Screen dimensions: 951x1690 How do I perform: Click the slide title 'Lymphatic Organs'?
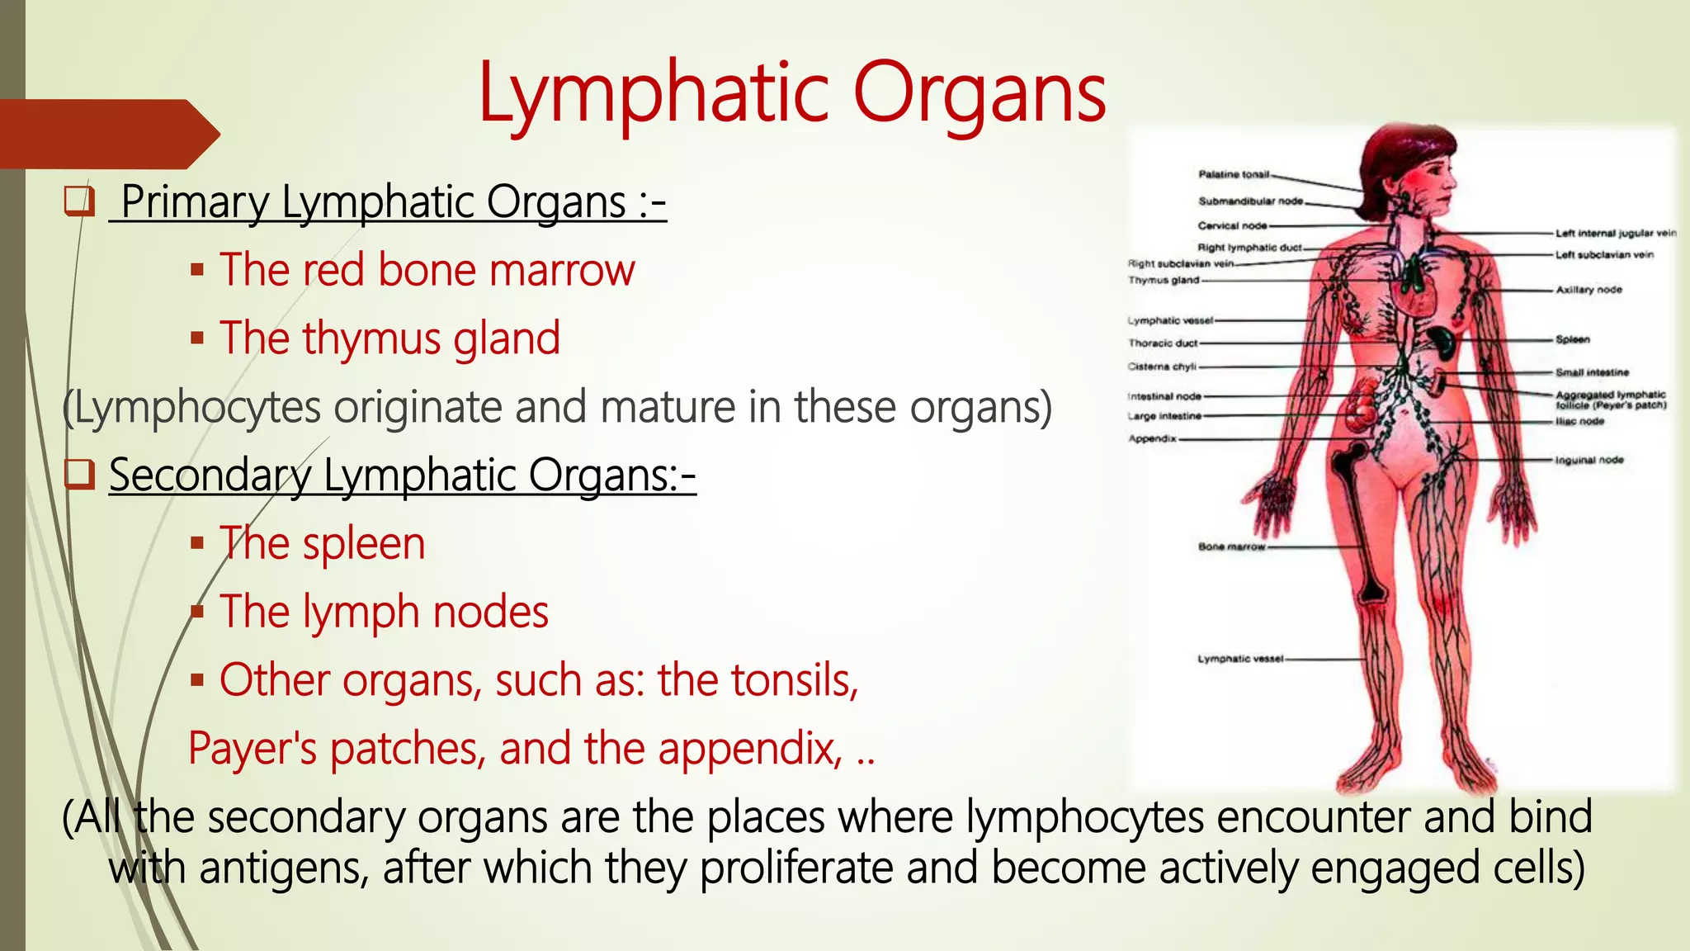pyautogui.click(x=792, y=93)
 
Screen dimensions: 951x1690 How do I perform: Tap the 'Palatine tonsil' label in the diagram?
pyautogui.click(x=1234, y=174)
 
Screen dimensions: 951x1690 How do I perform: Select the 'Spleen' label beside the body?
pyautogui.click(x=1572, y=339)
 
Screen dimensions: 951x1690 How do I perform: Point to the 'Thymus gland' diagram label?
pyautogui.click(x=1164, y=280)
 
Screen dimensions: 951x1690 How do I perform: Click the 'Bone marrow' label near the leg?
pyautogui.click(x=1231, y=546)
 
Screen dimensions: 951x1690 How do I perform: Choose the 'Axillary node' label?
pyautogui.click(x=1589, y=290)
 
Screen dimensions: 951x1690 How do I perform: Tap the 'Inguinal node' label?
pyautogui.click(x=1589, y=460)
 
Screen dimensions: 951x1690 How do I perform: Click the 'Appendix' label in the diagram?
pyautogui.click(x=1152, y=438)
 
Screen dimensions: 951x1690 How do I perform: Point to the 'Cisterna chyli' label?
pyautogui.click(x=1162, y=367)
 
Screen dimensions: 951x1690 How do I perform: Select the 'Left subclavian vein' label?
pyautogui.click(x=1604, y=254)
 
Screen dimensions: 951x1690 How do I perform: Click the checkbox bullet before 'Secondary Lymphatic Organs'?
pyautogui.click(x=80, y=475)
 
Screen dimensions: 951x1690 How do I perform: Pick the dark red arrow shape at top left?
pyautogui.click(x=107, y=134)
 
